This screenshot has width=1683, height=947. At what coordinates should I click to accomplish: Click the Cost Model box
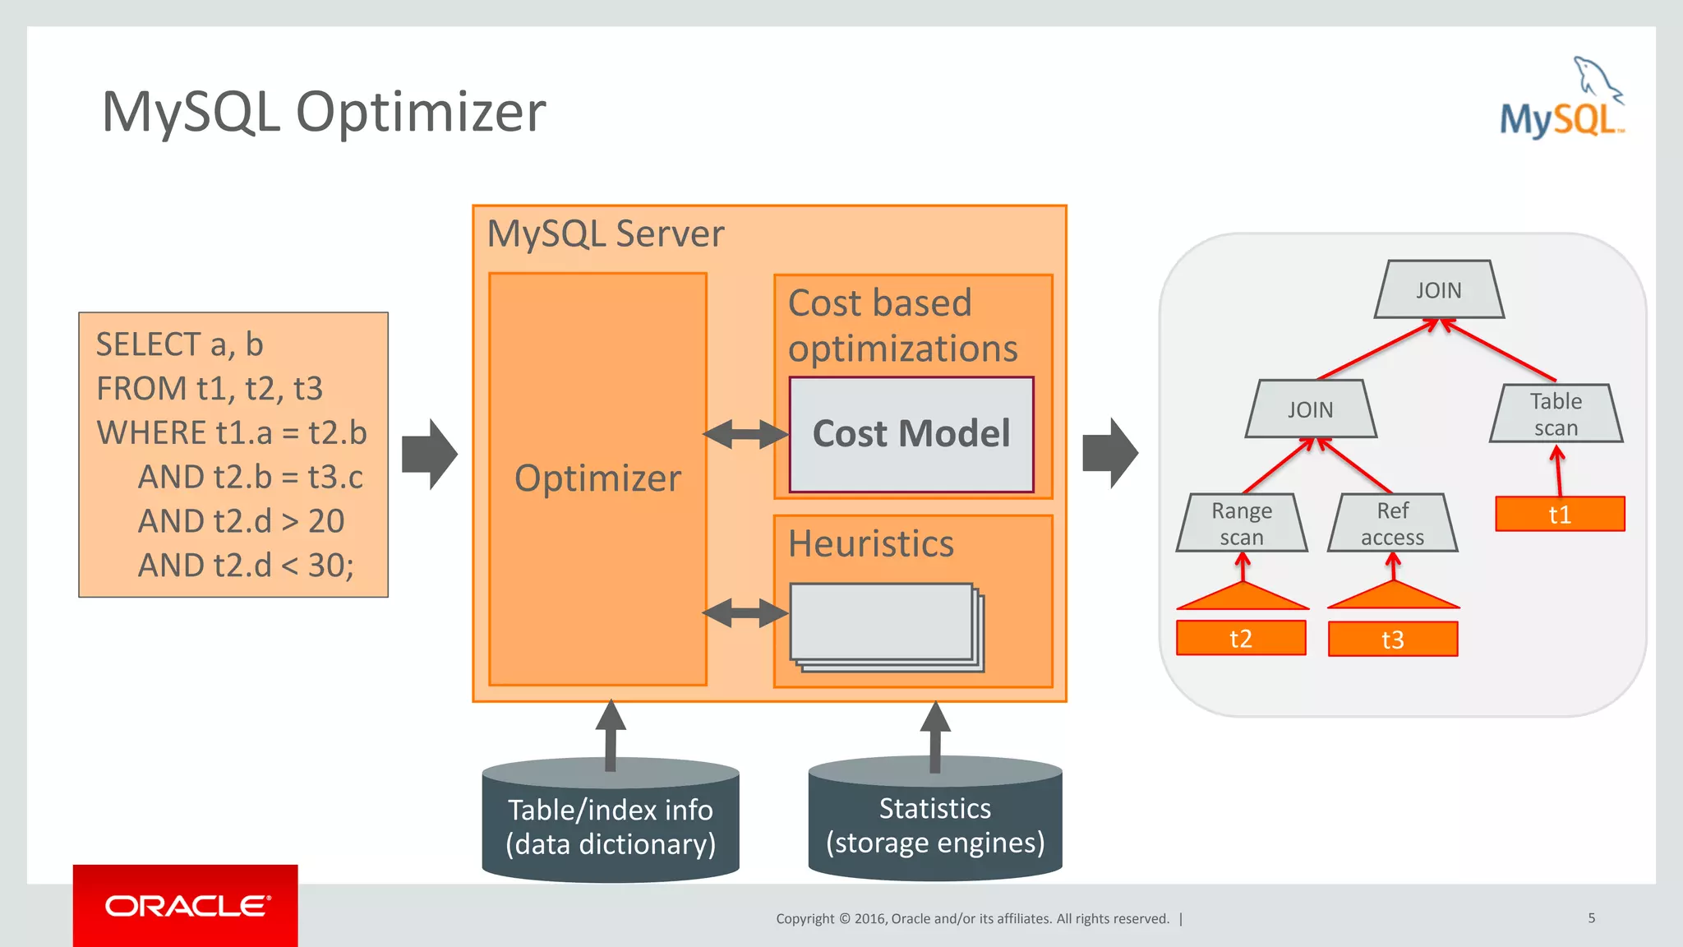pyautogui.click(x=911, y=434)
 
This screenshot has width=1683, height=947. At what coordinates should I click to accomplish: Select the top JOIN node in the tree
pyautogui.click(x=1439, y=290)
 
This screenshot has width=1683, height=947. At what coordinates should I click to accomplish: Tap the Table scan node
pyautogui.click(x=1556, y=413)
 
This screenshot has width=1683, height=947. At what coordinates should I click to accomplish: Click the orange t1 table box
pyautogui.click(x=1560, y=515)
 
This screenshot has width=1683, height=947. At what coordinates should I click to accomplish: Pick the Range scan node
pyautogui.click(x=1242, y=523)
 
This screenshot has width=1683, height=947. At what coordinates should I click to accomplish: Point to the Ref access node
pyautogui.click(x=1393, y=523)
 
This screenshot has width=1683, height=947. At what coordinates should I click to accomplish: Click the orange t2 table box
pyautogui.click(x=1241, y=639)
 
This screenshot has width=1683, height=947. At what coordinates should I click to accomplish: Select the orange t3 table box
pyautogui.click(x=1393, y=640)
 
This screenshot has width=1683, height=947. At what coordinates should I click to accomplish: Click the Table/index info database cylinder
pyautogui.click(x=610, y=825)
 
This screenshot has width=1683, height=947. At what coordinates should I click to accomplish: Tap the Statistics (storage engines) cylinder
pyautogui.click(x=935, y=824)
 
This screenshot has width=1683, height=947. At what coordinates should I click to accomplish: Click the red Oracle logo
pyautogui.click(x=186, y=906)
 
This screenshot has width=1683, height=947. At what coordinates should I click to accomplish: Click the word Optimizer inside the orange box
pyautogui.click(x=597, y=478)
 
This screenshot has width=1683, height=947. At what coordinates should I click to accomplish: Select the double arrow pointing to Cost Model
pyautogui.click(x=745, y=434)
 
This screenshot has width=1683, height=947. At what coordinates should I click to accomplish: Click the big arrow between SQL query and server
pyautogui.click(x=430, y=454)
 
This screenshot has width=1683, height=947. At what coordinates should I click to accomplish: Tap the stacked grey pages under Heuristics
pyautogui.click(x=886, y=626)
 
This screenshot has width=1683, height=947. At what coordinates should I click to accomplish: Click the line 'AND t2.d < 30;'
pyautogui.click(x=246, y=566)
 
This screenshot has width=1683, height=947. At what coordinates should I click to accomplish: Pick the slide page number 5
pyautogui.click(x=1591, y=918)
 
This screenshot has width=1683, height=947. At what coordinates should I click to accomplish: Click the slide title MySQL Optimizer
pyautogui.click(x=323, y=112)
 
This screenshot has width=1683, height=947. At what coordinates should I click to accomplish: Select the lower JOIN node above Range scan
pyautogui.click(x=1310, y=409)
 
